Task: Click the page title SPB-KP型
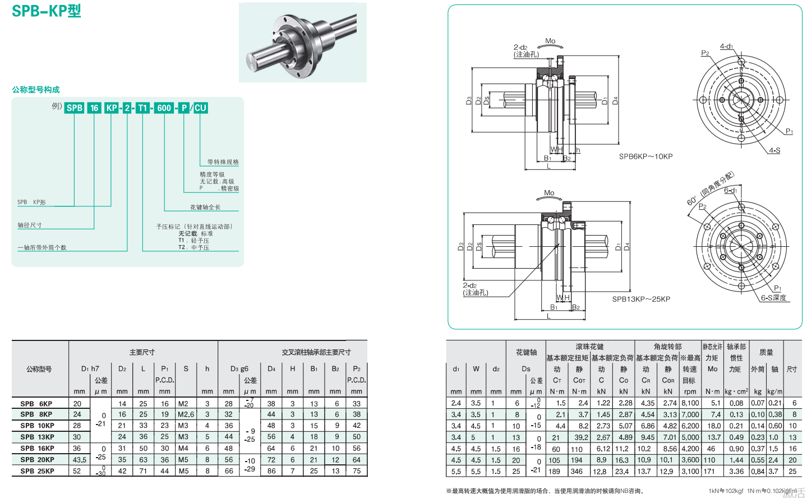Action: [47, 11]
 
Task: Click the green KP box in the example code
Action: [112, 108]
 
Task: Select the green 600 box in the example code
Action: [164, 108]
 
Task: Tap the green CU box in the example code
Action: [200, 108]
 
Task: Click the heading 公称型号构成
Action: [36, 90]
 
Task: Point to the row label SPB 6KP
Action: [36, 404]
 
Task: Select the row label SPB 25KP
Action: [38, 471]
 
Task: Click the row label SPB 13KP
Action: [38, 437]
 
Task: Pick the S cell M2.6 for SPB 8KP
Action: [186, 414]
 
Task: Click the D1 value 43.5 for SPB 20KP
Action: [80, 460]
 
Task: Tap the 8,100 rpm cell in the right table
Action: [690, 403]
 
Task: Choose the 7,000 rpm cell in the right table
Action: [690, 414]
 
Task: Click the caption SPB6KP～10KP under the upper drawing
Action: [645, 156]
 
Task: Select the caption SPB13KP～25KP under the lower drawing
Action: [641, 299]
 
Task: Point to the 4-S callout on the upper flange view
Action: [774, 150]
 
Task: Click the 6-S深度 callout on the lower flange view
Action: [773, 298]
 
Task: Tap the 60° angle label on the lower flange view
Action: [691, 201]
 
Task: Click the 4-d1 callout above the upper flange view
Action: [726, 47]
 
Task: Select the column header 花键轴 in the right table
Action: [526, 352]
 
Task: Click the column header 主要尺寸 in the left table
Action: [142, 352]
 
